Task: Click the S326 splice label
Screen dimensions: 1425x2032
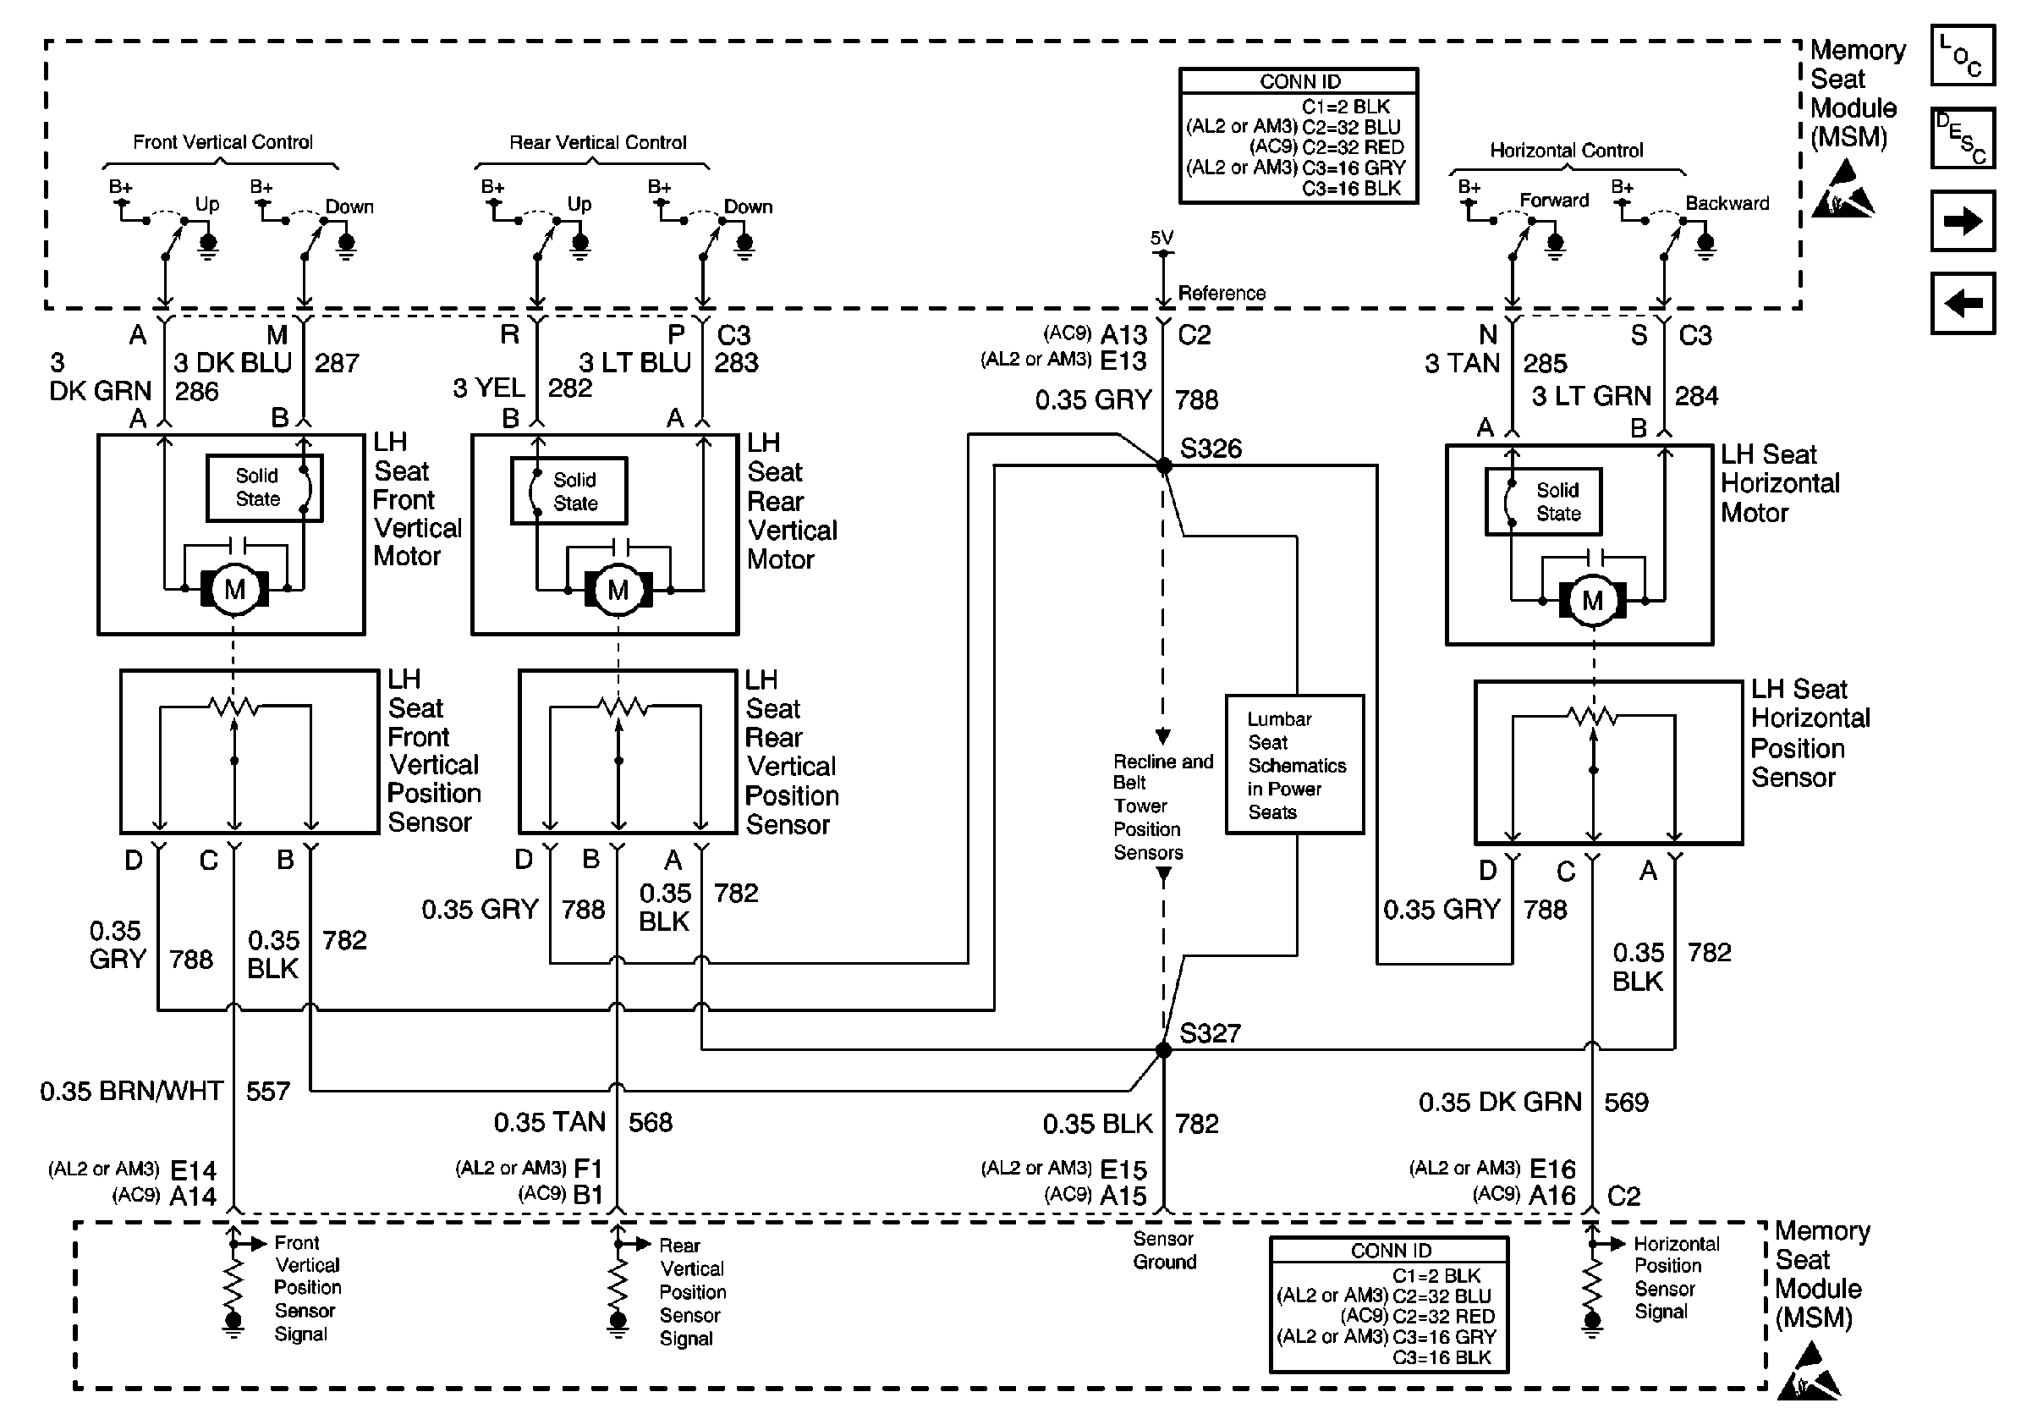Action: coord(1211,448)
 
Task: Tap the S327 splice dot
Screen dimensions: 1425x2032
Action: coord(1164,1051)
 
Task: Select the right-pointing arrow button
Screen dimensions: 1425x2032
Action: coord(1962,221)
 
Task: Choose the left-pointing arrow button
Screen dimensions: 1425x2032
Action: coord(1962,304)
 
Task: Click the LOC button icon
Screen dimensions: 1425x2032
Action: coord(1962,56)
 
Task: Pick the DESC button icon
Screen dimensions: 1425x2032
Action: coord(1962,138)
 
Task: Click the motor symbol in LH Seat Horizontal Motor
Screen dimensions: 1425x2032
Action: coord(1592,601)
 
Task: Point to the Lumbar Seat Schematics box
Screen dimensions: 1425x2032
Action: coord(1295,765)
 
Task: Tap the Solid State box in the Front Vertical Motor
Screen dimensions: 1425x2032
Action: coord(264,487)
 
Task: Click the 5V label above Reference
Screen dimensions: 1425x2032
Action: coord(1162,238)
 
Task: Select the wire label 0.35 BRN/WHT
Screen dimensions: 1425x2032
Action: coord(132,1092)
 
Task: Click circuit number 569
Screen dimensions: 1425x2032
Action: coord(1626,1103)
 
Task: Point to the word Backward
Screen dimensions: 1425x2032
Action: coord(1727,204)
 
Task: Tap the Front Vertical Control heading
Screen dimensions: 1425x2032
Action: coord(223,142)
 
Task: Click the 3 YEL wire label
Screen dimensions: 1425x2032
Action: coord(488,388)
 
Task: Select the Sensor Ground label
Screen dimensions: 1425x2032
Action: coord(1164,1251)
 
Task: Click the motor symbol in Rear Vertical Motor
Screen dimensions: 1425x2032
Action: coord(618,590)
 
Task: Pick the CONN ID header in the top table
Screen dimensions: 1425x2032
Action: coord(1299,81)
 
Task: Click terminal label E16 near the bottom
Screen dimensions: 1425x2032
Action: coord(1552,1169)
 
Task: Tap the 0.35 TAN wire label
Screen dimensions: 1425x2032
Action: coord(550,1122)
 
